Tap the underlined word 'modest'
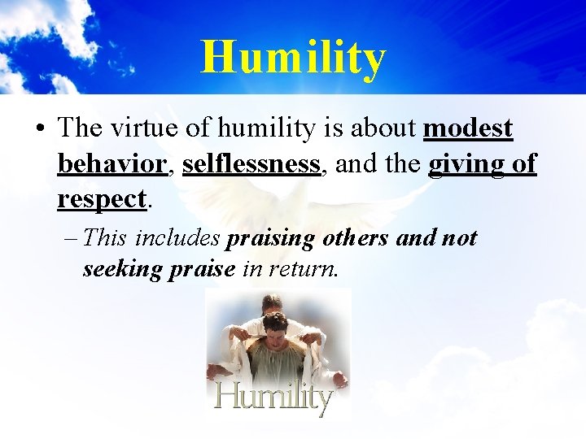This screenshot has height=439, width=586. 468,128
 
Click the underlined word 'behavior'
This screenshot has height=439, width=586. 112,163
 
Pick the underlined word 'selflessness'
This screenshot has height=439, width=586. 251,163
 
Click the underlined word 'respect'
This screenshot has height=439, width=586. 102,198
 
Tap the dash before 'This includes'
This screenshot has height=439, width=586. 70,239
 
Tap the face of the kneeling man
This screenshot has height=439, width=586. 275,328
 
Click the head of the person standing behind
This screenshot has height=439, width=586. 271,304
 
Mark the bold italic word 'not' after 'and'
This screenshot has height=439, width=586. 458,239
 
